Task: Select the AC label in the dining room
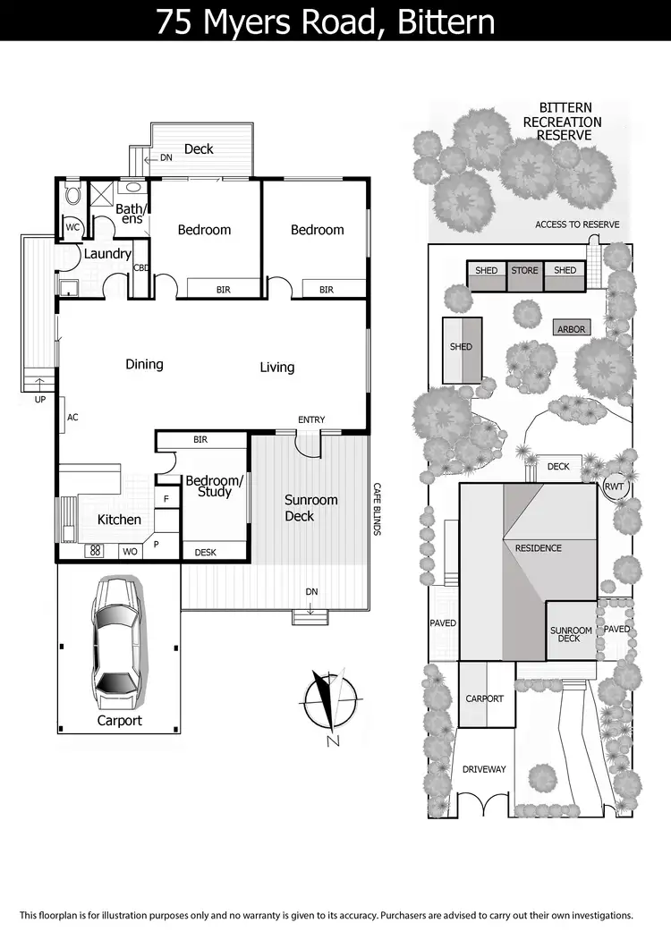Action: coord(72,418)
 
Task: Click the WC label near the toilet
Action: coord(72,228)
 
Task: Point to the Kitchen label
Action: coord(119,520)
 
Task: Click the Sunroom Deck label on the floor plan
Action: coord(310,508)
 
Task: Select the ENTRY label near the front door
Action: coord(311,419)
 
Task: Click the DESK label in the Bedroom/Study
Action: coord(205,553)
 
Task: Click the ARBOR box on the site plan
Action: coord(571,329)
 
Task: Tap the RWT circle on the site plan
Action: coord(614,487)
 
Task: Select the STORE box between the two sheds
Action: coord(524,271)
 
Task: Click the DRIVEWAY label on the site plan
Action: coord(484,769)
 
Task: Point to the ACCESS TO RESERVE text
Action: coord(577,224)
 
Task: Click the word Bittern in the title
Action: coord(438,21)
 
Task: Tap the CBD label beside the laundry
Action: coord(140,267)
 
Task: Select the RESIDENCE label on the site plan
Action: coord(538,547)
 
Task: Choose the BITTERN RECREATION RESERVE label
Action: coord(563,122)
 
